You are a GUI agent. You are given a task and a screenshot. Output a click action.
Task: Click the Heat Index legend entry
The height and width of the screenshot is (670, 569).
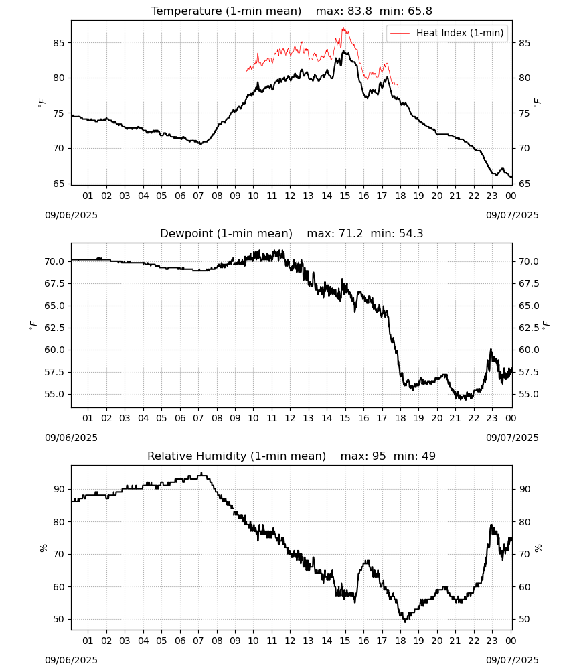point(447,33)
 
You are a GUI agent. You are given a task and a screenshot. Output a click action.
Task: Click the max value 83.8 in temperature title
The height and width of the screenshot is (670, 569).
point(360,11)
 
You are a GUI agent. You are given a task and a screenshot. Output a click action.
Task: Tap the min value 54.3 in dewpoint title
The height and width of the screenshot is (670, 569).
point(411,233)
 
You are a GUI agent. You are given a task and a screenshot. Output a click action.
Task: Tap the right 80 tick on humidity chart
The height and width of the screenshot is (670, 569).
point(525,522)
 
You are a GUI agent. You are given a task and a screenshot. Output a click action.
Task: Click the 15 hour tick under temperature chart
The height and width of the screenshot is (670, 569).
point(345,196)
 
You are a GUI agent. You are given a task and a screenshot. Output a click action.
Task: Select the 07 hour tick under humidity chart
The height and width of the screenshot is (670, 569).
point(198,641)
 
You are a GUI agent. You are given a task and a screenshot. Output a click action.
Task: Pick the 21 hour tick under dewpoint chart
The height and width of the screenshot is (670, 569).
point(455,418)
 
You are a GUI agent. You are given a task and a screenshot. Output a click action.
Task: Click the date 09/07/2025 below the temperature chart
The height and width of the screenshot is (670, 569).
point(512,215)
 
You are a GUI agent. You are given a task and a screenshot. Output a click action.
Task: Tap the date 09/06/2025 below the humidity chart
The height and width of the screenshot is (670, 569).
point(71,660)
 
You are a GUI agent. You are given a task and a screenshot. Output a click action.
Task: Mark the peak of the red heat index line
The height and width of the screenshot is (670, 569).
point(343,28)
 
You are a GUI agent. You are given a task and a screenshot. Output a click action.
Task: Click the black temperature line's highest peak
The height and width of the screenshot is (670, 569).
point(343,51)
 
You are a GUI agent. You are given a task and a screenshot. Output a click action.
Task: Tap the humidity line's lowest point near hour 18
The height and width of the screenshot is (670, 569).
point(405,622)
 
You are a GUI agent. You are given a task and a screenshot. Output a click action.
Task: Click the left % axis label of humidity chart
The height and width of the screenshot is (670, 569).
point(43,548)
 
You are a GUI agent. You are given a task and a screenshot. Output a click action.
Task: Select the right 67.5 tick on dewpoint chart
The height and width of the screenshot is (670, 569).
point(527,283)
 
